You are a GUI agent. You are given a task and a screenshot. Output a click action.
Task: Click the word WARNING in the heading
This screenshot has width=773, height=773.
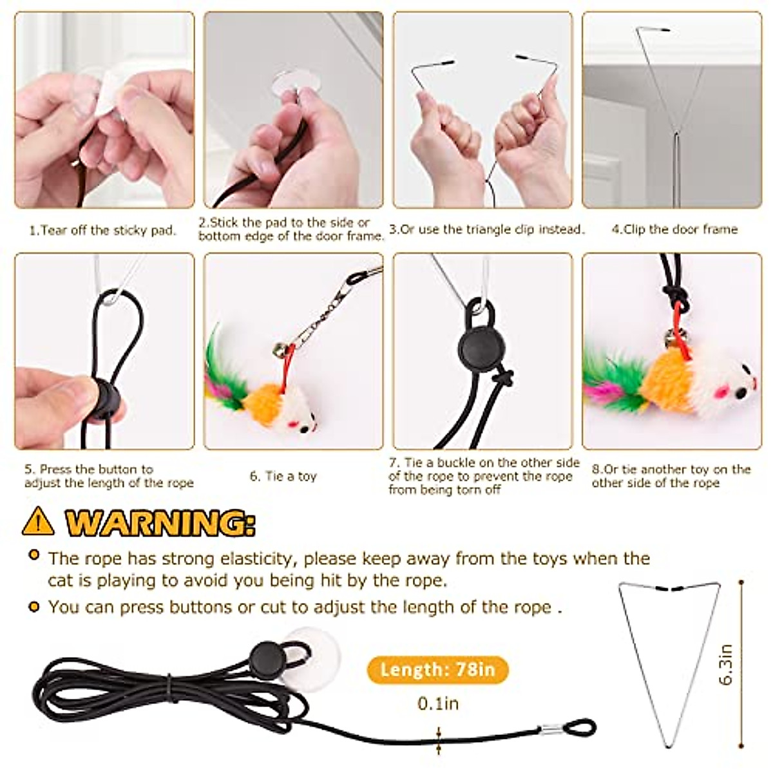pos(158,522)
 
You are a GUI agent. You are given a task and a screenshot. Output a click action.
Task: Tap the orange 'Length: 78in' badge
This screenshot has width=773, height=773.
pos(437,670)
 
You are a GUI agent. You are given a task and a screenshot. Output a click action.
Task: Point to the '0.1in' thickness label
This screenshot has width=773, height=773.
pos(438,703)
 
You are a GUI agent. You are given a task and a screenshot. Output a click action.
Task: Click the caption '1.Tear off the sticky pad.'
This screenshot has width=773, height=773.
pos(103,230)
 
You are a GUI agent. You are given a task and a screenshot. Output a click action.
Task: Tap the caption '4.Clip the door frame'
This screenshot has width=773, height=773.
pos(674,229)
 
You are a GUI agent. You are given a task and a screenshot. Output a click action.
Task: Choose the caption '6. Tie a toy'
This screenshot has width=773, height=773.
pos(283,477)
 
